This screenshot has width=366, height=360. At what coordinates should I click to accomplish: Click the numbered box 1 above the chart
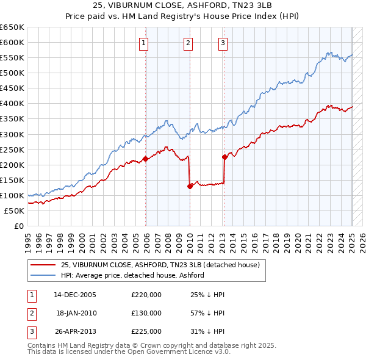[x=143, y=43]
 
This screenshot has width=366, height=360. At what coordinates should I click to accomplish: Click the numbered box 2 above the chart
[x=188, y=43]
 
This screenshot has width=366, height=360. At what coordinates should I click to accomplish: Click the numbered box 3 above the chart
[x=223, y=43]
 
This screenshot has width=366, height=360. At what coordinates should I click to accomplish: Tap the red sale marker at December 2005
[x=146, y=159]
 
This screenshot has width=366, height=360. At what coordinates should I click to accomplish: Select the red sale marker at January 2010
[x=190, y=186]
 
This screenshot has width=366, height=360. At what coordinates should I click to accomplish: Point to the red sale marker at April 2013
[x=224, y=157]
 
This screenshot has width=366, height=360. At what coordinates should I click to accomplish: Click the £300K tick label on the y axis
[x=12, y=134]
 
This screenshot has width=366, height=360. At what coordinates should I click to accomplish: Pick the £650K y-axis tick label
[x=12, y=27]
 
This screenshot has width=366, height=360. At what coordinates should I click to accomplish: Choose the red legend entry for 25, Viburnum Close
[x=160, y=265]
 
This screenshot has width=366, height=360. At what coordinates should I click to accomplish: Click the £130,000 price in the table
[x=146, y=313]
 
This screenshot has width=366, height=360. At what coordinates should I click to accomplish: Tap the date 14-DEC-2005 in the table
[x=75, y=295]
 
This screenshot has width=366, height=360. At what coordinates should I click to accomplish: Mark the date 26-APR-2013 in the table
[x=75, y=331]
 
